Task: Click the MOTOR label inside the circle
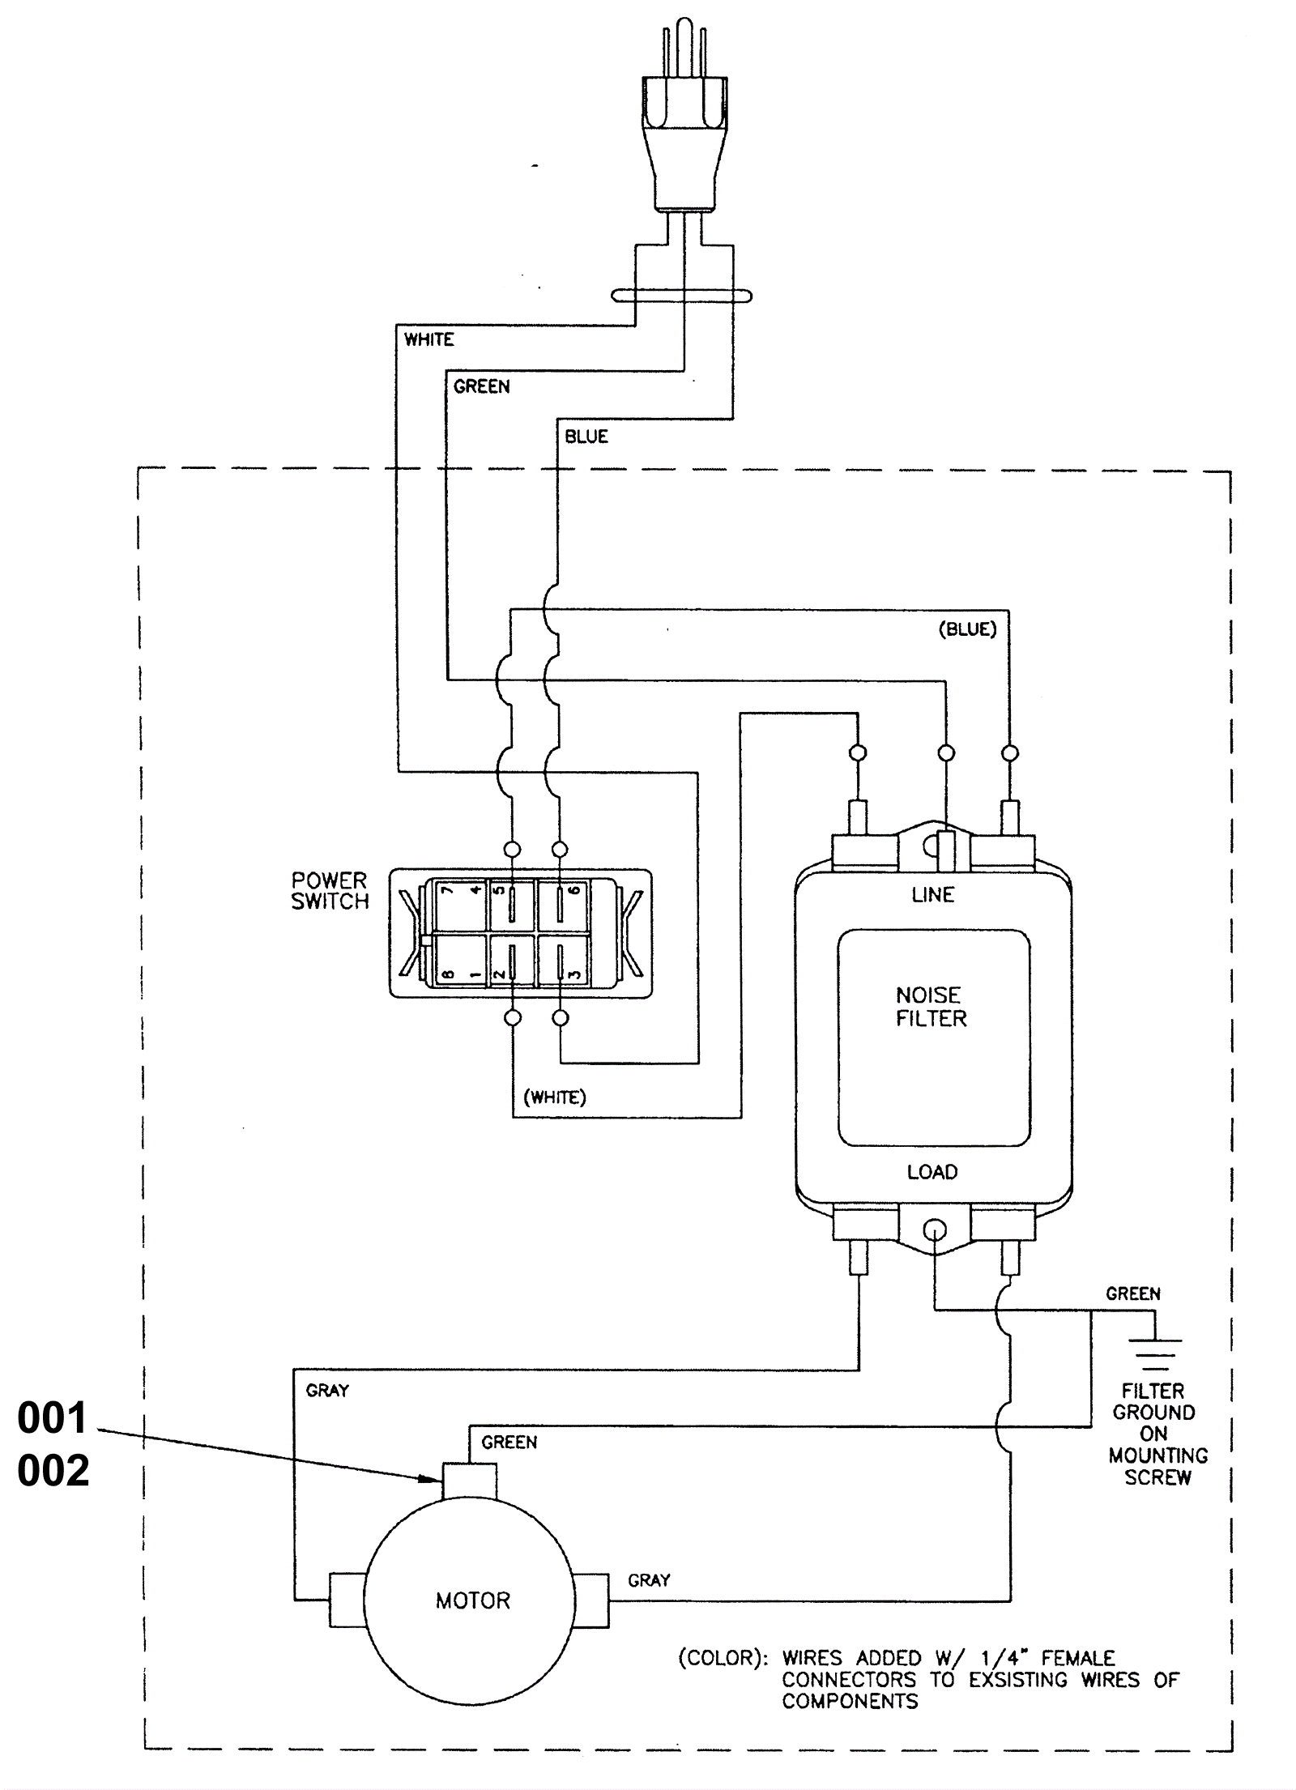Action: click(473, 1600)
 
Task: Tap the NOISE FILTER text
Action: click(931, 1007)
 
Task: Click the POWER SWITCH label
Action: click(330, 891)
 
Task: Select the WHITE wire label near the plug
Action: click(429, 339)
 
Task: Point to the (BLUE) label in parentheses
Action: click(967, 629)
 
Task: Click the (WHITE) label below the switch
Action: click(555, 1097)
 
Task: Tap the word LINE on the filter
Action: click(933, 895)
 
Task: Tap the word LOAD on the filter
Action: click(932, 1172)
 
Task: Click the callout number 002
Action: click(53, 1470)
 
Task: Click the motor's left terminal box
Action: click(347, 1600)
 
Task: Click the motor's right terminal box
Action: click(591, 1600)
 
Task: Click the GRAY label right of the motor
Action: click(649, 1580)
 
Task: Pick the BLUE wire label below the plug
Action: click(586, 437)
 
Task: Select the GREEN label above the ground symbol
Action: click(1133, 1294)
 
